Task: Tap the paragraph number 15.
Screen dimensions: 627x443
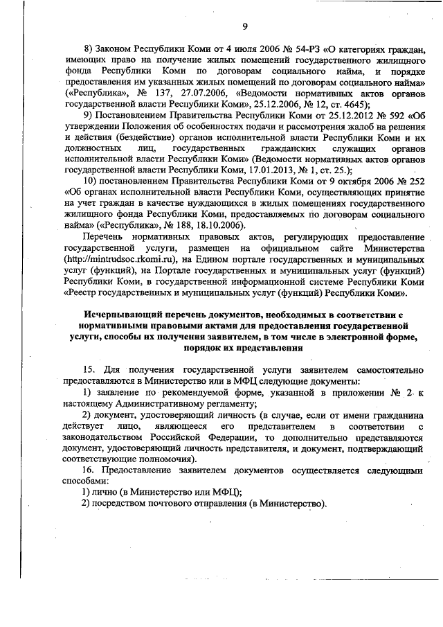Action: tap(90, 371)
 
